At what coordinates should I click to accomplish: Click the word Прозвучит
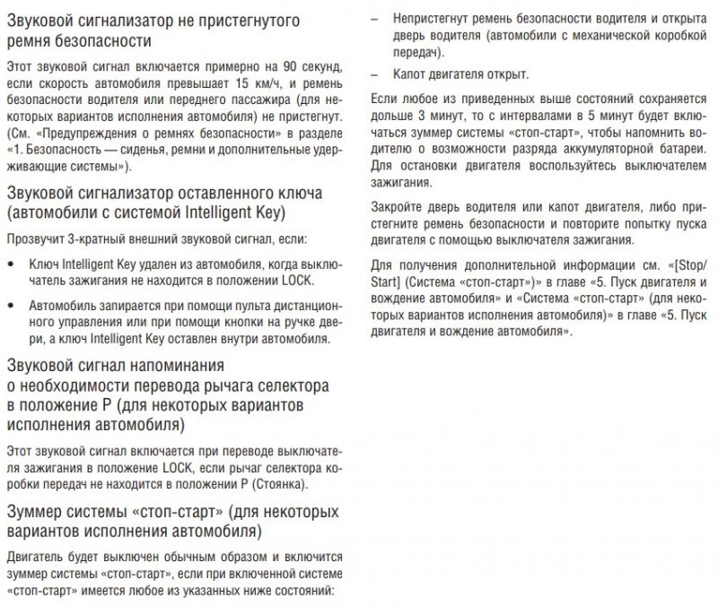(33, 240)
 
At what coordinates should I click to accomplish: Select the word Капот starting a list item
(409, 74)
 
